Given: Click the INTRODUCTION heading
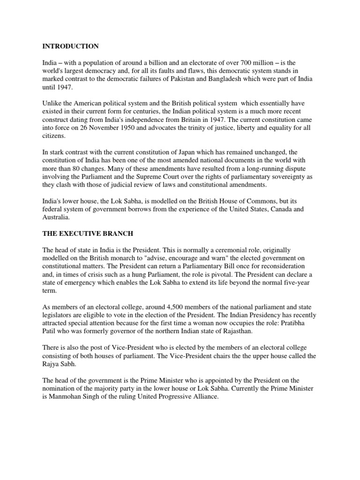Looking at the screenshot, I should click(x=70, y=46).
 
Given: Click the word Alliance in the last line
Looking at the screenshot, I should click(x=203, y=397).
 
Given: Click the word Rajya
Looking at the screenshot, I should click(x=51, y=364).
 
